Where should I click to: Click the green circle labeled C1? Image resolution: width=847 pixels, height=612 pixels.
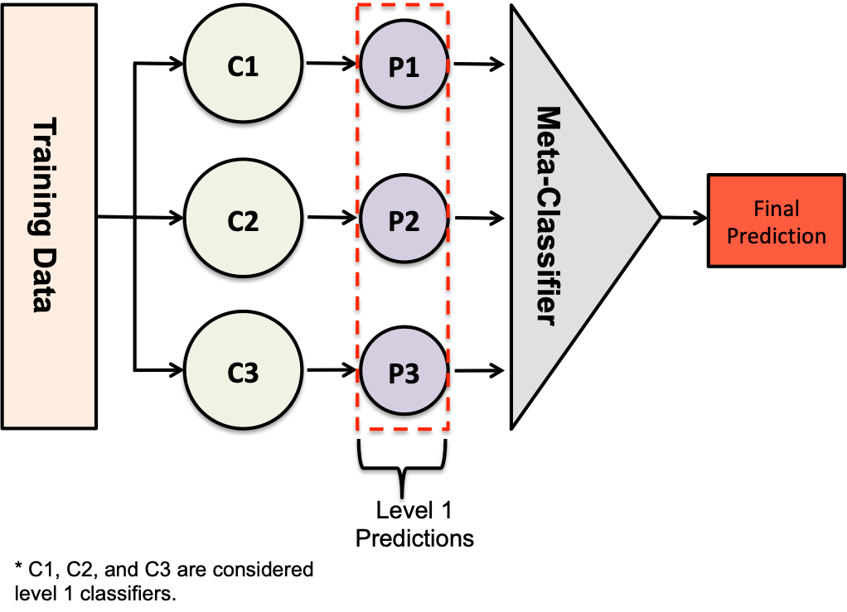243,65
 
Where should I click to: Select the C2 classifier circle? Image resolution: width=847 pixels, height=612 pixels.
243,220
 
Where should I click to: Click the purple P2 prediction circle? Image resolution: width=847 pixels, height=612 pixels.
404,220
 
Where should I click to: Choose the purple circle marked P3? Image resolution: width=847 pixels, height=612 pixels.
404,373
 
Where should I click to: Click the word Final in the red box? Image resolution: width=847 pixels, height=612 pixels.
776,209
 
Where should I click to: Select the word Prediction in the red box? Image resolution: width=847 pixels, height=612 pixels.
776,236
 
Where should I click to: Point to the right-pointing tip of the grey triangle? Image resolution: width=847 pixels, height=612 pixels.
656,218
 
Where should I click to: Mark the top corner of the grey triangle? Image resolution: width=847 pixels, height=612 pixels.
515,13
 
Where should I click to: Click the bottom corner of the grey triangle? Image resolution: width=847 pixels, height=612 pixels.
515,421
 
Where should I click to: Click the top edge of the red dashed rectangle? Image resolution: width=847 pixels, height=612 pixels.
403,5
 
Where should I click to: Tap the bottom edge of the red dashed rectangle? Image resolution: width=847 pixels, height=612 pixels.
403,430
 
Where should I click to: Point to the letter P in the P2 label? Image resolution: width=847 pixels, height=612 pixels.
396,221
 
